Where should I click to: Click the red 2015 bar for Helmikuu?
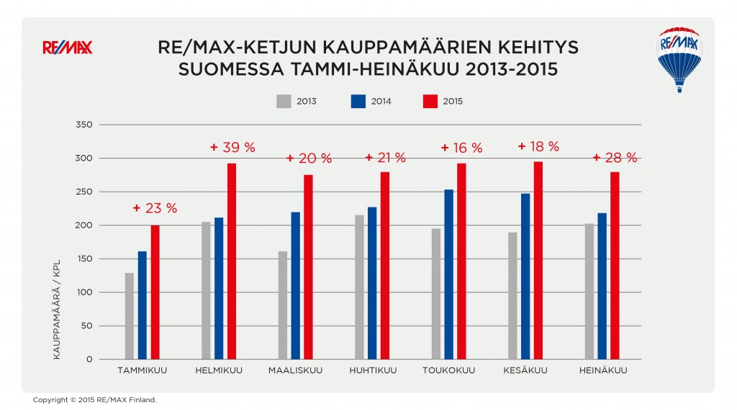pos(232,261)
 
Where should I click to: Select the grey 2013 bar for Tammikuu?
pos(130,316)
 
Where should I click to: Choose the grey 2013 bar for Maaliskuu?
pos(282,305)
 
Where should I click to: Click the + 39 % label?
pos(232,147)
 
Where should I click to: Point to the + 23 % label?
pos(155,208)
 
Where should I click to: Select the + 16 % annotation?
pos(461,148)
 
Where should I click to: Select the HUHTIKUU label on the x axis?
pos(372,371)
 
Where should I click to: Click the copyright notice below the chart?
pos(94,399)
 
